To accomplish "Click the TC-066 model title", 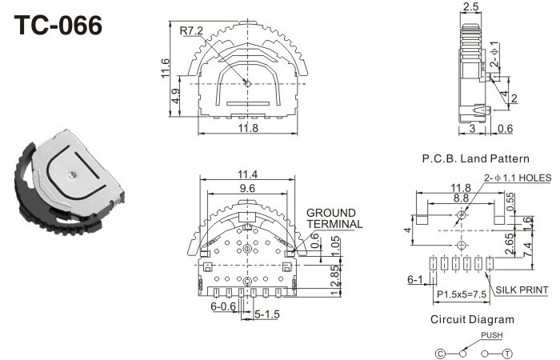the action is tap(58, 26).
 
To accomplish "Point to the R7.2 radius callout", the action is tap(191, 30).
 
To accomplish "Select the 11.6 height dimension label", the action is tap(164, 68).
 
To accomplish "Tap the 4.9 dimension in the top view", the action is tap(175, 96).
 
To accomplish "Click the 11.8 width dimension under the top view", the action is tap(248, 127).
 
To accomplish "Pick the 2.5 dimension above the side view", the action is tap(470, 6).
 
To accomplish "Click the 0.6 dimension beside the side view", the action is tap(505, 128).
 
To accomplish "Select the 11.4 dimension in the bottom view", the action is tap(247, 174).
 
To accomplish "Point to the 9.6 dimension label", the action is tap(247, 188).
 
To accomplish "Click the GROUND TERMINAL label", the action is tap(334, 218).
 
